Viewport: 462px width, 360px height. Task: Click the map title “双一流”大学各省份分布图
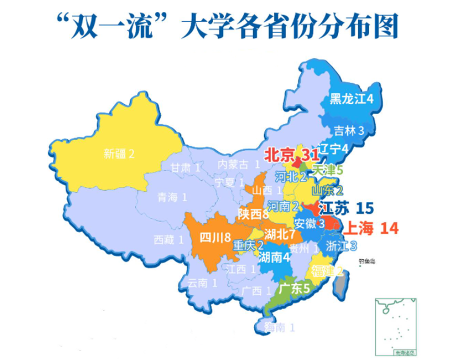228,27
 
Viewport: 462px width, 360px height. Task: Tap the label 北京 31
291,155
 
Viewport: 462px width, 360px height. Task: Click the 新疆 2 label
119,154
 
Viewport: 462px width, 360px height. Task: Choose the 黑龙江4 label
351,99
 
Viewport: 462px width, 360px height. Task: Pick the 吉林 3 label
349,131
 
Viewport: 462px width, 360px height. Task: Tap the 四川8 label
215,237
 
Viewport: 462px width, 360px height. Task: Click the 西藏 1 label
168,240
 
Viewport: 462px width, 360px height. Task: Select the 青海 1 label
172,197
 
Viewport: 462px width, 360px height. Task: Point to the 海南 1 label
279,327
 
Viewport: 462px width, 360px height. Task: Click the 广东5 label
294,289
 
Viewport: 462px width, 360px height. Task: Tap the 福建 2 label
327,272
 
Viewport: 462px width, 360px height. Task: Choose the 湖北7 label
279,234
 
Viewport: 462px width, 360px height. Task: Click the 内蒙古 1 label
238,164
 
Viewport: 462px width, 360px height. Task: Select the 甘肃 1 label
185,168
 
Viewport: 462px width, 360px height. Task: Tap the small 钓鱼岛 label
367,261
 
